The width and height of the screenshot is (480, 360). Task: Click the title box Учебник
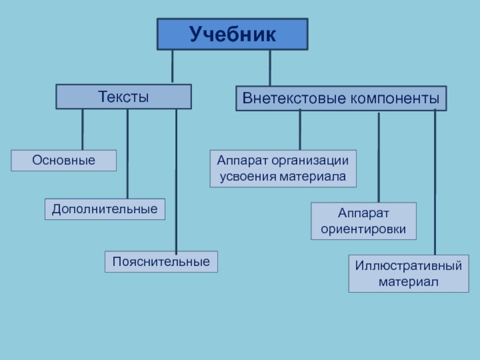coord(232,34)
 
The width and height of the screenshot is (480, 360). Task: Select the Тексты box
coord(124,97)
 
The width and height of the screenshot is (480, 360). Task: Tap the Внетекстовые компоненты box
coord(341,98)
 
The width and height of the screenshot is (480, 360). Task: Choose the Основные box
coord(64,161)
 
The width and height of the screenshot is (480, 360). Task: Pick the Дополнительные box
coord(105,209)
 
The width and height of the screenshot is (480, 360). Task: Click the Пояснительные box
coord(161,262)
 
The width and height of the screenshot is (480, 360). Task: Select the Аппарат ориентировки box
coord(364,221)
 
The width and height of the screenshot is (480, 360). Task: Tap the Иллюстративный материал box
coord(409,274)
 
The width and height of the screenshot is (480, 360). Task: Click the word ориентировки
coord(364,229)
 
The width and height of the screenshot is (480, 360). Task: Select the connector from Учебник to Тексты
coord(173,67)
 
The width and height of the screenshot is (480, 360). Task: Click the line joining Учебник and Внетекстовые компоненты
coord(270,68)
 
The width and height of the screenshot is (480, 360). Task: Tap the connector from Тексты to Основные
coord(83,130)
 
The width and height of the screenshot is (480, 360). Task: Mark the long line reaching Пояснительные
coord(176,180)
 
